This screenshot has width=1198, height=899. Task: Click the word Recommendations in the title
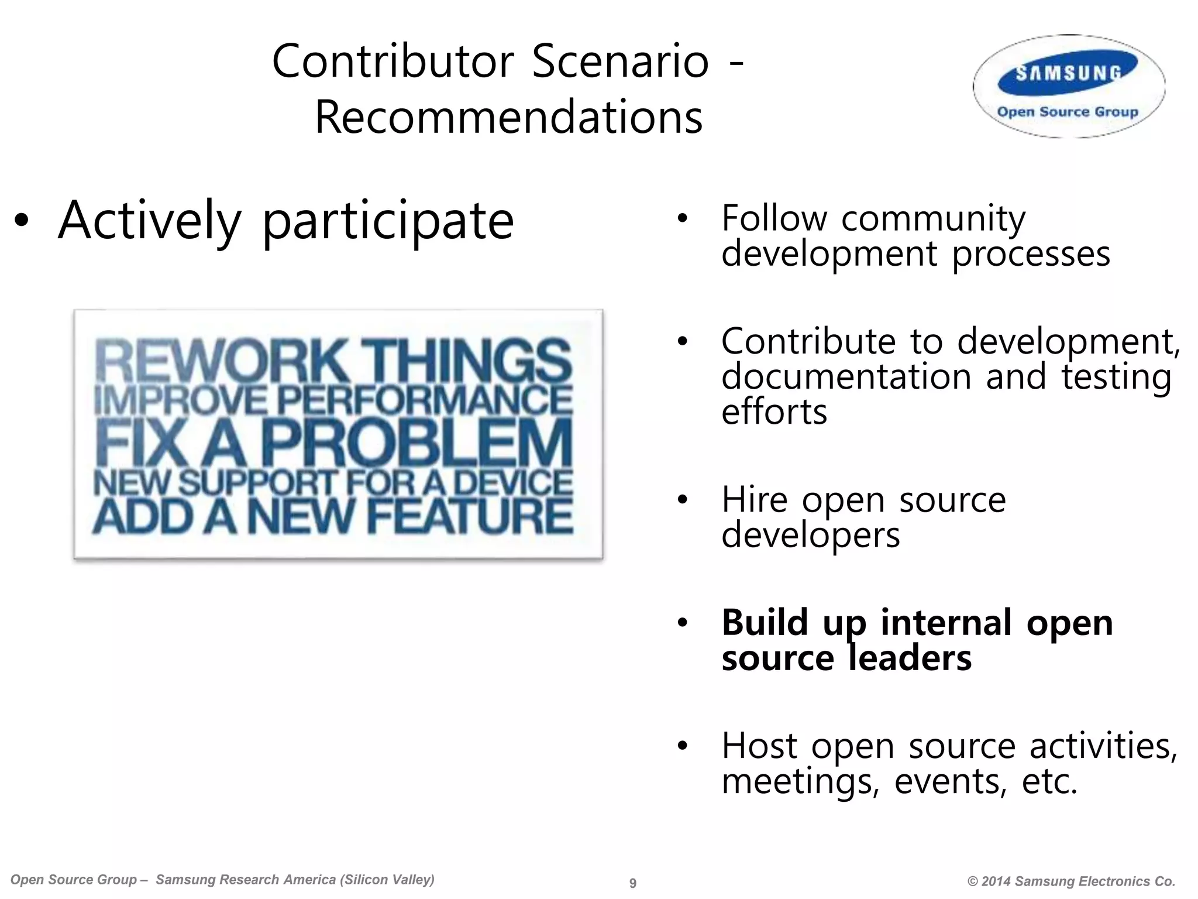coord(508,118)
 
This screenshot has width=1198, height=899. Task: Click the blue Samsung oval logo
coord(1068,73)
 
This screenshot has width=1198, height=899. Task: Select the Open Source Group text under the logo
coord(1068,112)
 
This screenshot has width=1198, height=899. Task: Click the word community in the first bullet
coord(933,219)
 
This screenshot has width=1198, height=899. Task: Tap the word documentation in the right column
coord(846,376)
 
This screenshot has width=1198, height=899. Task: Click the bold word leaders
coord(910,658)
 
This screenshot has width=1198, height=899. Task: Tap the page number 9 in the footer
coord(632,883)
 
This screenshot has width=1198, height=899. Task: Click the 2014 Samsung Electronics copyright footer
coord(1071,881)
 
